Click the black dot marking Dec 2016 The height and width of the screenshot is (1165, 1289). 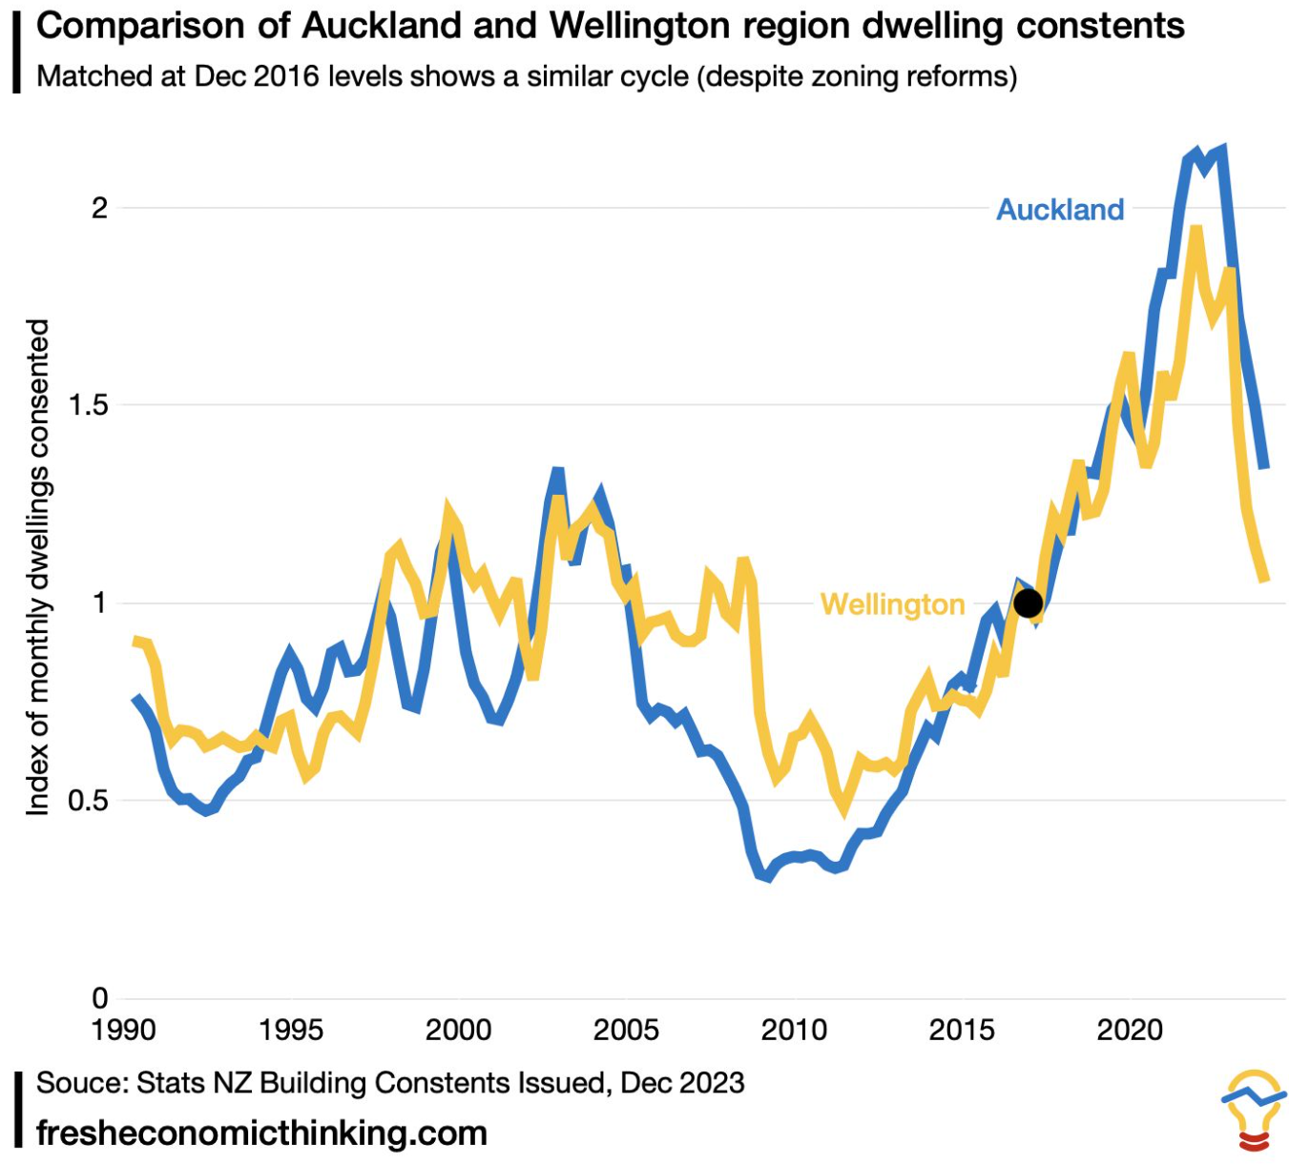click(x=1028, y=603)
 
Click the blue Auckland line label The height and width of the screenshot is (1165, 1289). click(x=1060, y=210)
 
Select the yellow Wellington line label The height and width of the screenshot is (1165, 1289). click(x=892, y=604)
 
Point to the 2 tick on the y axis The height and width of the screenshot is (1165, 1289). click(x=100, y=208)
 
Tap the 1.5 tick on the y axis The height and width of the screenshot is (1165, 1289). click(x=89, y=405)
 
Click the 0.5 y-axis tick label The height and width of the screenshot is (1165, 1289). click(x=89, y=801)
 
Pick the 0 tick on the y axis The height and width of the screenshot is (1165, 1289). click(x=100, y=998)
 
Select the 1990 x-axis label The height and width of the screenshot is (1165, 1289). click(x=123, y=1031)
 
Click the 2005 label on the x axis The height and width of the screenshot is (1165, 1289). click(x=626, y=1031)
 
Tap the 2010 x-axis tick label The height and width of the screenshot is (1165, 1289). click(x=794, y=1031)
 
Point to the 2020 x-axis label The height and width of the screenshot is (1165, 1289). click(x=1130, y=1031)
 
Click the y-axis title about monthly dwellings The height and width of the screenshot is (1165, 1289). click(x=37, y=567)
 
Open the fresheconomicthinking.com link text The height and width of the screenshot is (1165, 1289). click(x=261, y=1134)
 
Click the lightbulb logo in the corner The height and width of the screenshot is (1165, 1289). click(x=1254, y=1109)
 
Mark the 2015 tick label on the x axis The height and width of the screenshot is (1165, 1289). click(x=962, y=1031)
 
